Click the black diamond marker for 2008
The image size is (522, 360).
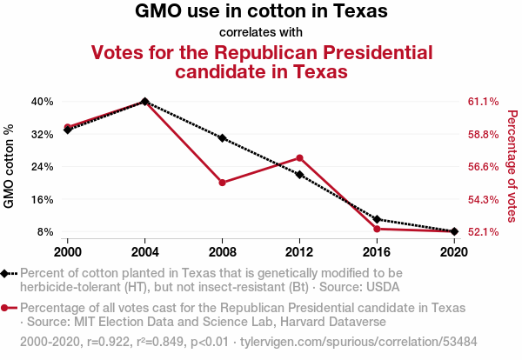223,138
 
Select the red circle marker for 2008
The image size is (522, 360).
223,183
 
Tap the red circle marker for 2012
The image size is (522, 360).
299,157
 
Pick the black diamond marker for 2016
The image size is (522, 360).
377,219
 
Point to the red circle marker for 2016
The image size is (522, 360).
377,229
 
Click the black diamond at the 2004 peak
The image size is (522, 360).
144,102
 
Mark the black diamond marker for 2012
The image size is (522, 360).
299,174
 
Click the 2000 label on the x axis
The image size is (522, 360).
68,252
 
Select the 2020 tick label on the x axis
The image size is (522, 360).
454,252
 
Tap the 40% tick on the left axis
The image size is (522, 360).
43,102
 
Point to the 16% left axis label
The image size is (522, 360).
43,200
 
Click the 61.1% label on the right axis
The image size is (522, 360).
484,102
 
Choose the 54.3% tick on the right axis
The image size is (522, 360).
484,200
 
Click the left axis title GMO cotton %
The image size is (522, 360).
9,166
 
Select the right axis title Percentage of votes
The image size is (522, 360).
512,166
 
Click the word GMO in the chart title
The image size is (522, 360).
158,10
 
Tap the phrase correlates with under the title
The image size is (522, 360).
261,32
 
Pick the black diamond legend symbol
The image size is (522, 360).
4,274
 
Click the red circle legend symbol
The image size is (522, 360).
4,308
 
